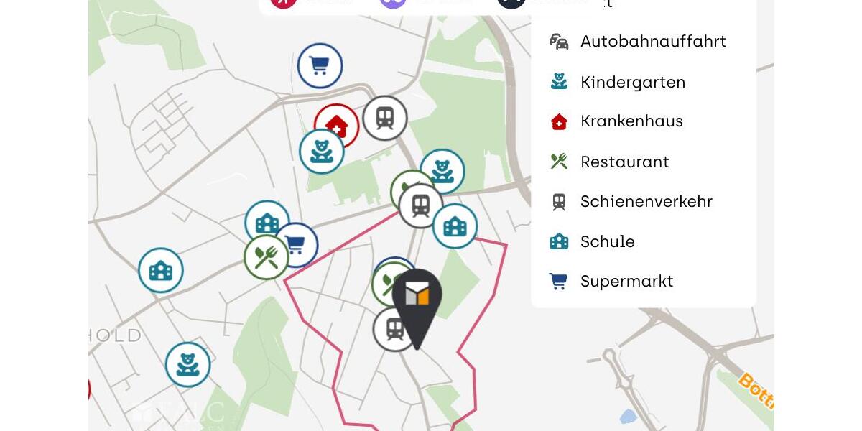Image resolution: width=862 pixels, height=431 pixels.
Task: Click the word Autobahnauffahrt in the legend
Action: pyautogui.click(x=653, y=42)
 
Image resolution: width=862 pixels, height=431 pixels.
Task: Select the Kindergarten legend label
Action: pyautogui.click(x=633, y=83)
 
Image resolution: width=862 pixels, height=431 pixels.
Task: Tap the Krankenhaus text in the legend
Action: pyautogui.click(x=631, y=121)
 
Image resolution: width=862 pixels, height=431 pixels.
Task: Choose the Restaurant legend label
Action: pyautogui.click(x=624, y=162)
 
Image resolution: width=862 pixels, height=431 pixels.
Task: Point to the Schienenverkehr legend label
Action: pyautogui.click(x=646, y=202)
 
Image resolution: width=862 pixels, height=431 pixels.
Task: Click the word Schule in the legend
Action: pyautogui.click(x=607, y=242)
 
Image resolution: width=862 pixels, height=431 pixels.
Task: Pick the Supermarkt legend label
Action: pyautogui.click(x=626, y=282)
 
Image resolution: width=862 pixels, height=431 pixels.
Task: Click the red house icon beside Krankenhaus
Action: pyautogui.click(x=559, y=121)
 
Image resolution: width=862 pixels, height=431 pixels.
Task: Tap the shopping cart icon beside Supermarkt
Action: pyautogui.click(x=558, y=281)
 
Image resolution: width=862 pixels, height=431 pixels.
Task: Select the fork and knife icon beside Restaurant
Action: pyautogui.click(x=559, y=162)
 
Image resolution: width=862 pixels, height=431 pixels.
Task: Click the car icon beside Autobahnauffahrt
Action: pyautogui.click(x=559, y=42)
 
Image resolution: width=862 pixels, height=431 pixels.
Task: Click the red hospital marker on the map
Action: pyautogui.click(x=338, y=122)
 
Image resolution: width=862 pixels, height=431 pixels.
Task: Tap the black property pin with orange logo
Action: pyautogui.click(x=417, y=302)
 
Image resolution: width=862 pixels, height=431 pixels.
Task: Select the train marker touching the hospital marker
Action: pyautogui.click(x=385, y=118)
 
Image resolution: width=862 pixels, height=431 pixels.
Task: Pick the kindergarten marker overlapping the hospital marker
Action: pyautogui.click(x=321, y=152)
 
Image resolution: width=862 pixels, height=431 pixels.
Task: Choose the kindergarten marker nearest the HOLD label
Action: pyautogui.click(x=187, y=365)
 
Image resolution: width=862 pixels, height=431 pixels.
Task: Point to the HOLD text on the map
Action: pyautogui.click(x=115, y=335)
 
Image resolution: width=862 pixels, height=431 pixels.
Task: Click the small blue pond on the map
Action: pyautogui.click(x=627, y=417)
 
